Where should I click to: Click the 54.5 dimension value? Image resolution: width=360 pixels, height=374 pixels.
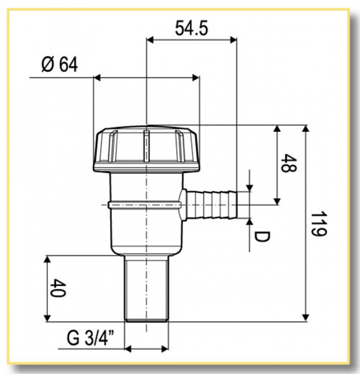click(191, 29)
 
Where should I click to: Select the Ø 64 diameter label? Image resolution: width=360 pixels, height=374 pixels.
click(59, 65)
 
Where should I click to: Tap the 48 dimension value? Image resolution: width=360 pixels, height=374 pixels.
click(290, 165)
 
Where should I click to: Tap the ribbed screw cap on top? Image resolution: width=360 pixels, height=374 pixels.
click(147, 149)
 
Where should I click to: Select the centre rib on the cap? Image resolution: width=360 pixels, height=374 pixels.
click(147, 146)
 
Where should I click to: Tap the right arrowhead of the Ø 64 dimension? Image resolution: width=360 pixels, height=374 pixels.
click(196, 77)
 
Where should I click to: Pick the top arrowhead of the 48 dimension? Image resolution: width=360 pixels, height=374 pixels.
click(277, 129)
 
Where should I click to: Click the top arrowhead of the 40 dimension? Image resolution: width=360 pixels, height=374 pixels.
click(47, 259)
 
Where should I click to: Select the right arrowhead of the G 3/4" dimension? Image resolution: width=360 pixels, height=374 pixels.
click(165, 348)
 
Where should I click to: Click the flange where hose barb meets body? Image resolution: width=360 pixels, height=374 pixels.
click(184, 204)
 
